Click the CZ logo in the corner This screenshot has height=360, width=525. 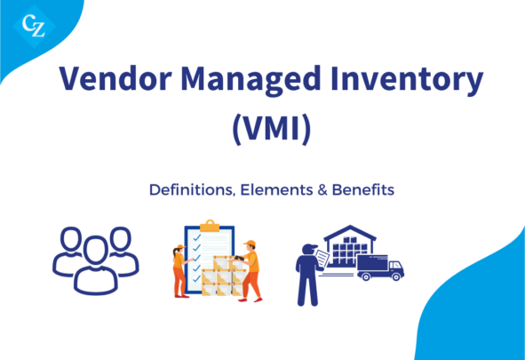point(34,26)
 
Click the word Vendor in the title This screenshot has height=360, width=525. point(115,78)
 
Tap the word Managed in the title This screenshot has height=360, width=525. point(251,80)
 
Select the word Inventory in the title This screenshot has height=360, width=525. point(407,80)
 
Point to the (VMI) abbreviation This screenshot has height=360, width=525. point(272,129)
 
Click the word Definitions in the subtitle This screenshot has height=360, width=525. point(191,190)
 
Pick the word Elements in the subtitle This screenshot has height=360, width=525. point(276,190)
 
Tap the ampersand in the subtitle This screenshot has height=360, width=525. point(322,190)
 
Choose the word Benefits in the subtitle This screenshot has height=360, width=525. point(363,190)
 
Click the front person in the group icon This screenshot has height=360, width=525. point(96,265)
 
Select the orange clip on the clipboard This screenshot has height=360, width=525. point(210,227)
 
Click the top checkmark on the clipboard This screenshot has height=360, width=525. point(197,237)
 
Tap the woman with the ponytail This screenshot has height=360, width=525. point(180,271)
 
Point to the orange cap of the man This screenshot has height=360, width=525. point(250,243)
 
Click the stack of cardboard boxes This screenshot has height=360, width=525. point(223,276)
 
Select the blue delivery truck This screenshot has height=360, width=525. point(380,268)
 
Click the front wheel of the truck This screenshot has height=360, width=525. point(396,276)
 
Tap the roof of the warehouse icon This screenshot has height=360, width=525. point(350,233)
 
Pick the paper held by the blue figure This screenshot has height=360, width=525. point(322,259)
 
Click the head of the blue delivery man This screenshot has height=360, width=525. point(309,250)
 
